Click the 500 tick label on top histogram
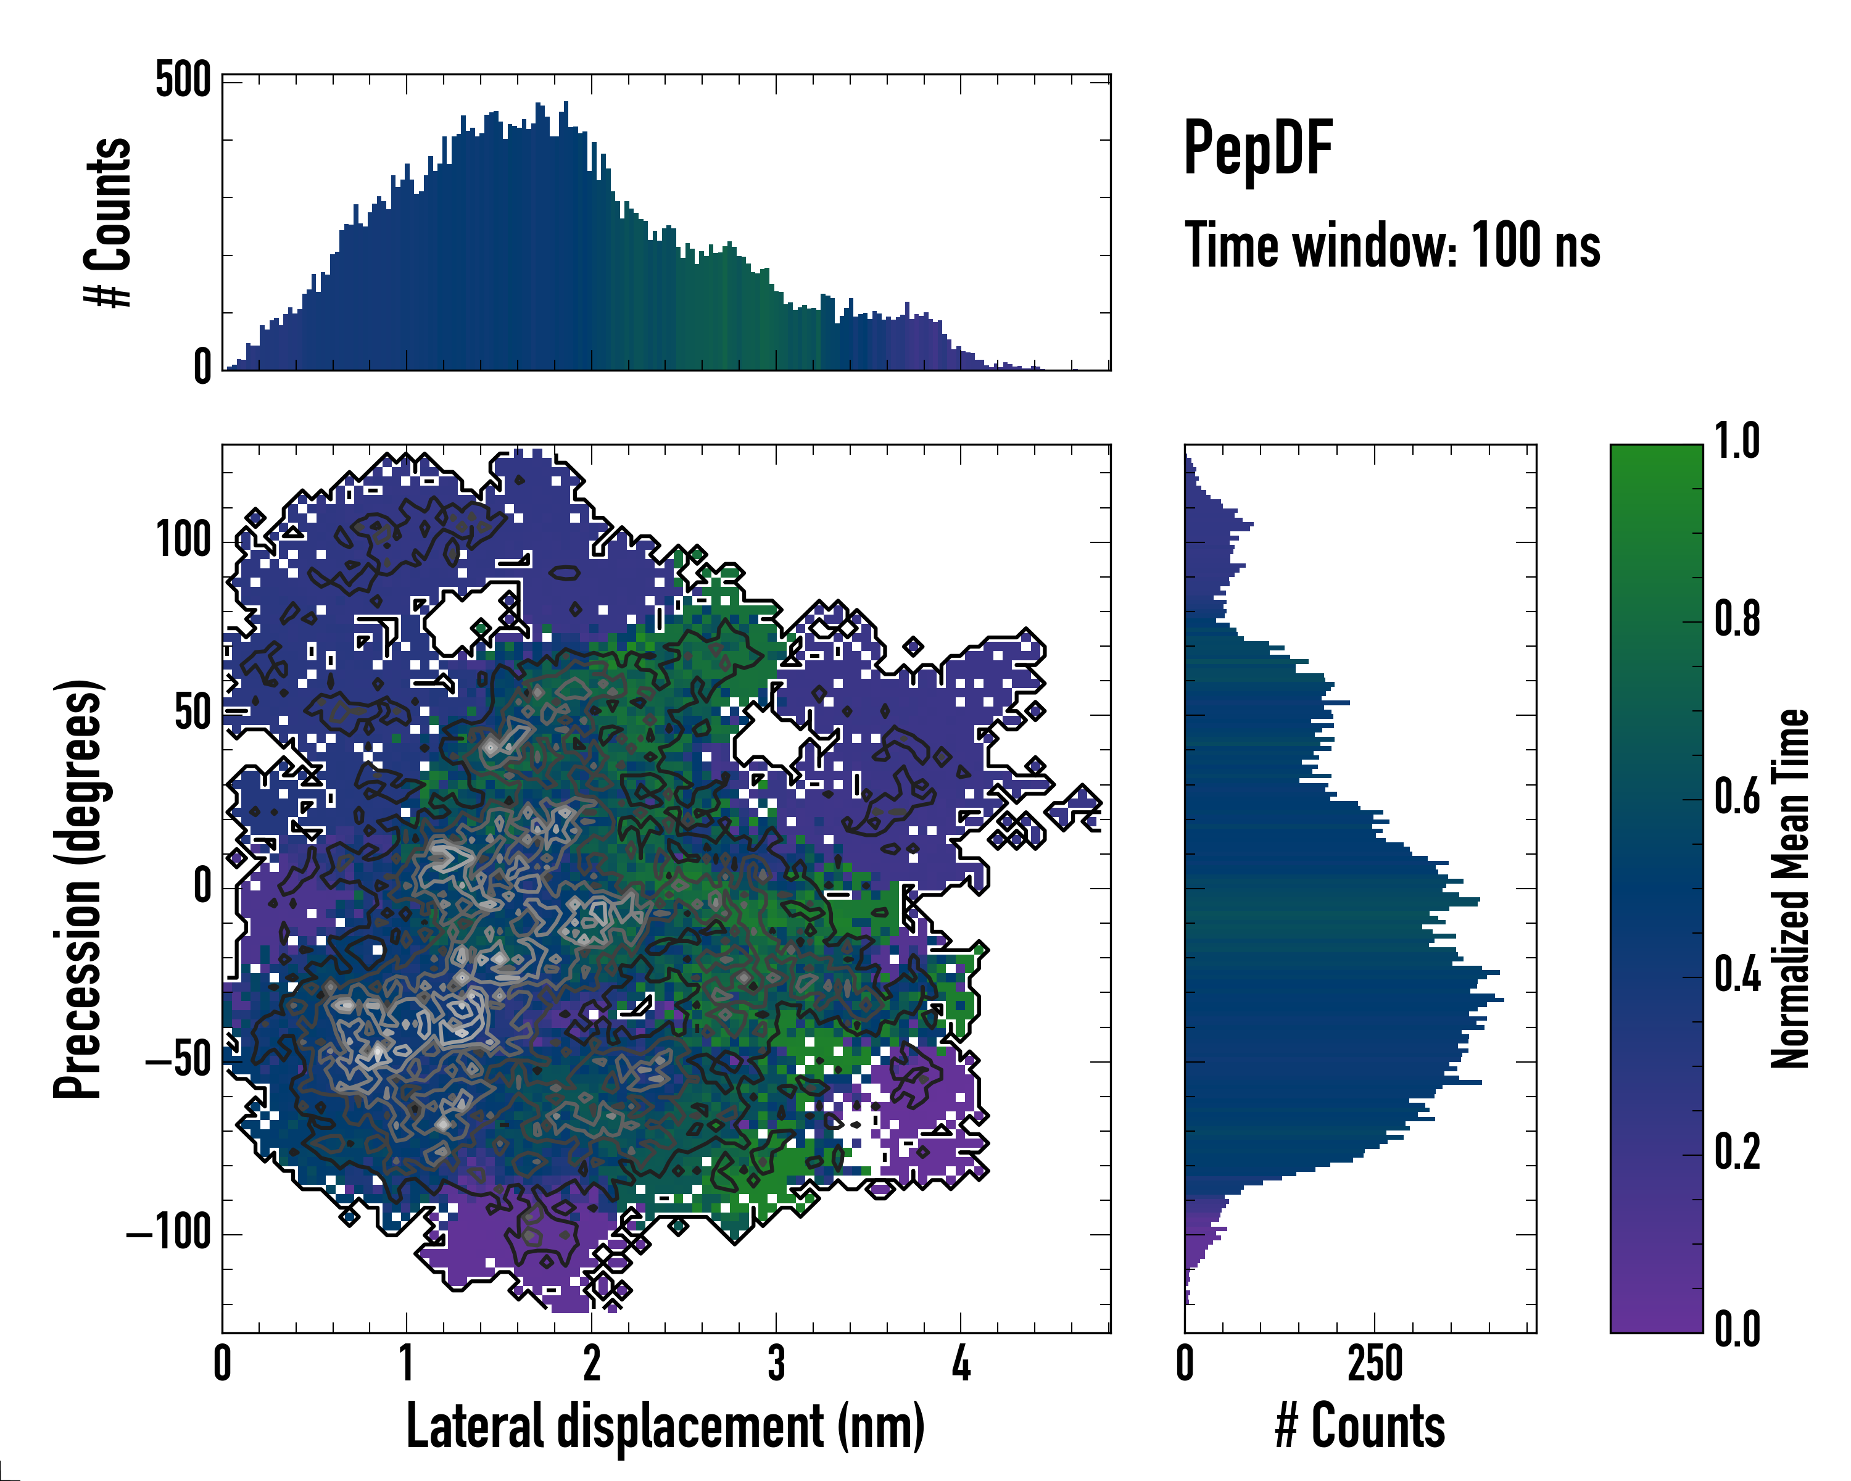pyautogui.click(x=183, y=81)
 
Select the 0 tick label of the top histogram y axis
pyautogui.click(x=202, y=367)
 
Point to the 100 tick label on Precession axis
pyautogui.click(x=183, y=541)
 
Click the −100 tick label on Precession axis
pyautogui.click(x=168, y=1233)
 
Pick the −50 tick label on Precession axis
pyautogui.click(x=178, y=1061)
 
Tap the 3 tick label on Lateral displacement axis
pyautogui.click(x=776, y=1363)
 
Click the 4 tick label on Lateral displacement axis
pyautogui.click(x=961, y=1363)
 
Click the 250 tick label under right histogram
pyautogui.click(x=1375, y=1363)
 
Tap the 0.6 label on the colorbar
pyautogui.click(x=1736, y=797)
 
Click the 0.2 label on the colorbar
pyautogui.click(x=1736, y=1151)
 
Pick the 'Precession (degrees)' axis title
pyautogui.click(x=79, y=889)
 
